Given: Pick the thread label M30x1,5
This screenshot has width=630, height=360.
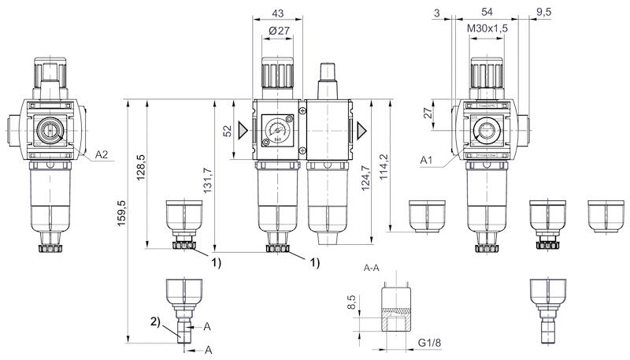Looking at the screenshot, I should [x=487, y=28].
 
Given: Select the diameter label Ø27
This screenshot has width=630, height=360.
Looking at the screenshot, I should [x=276, y=30].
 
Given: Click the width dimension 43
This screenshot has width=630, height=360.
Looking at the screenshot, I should [x=276, y=13].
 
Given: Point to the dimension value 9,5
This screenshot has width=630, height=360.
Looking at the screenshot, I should [x=543, y=13].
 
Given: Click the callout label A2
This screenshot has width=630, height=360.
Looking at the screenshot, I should [x=102, y=154].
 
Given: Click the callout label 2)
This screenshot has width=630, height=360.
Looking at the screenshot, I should [x=156, y=321].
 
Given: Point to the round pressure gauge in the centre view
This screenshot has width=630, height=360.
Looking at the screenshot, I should [x=277, y=128].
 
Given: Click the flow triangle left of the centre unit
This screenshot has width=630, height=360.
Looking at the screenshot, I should [x=243, y=128].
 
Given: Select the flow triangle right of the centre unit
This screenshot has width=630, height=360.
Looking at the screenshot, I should [x=361, y=128].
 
